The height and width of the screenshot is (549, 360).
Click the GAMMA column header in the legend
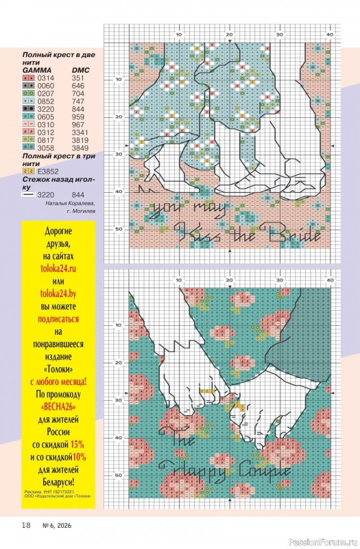point(36,70)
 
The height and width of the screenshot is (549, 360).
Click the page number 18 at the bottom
point(25,525)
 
